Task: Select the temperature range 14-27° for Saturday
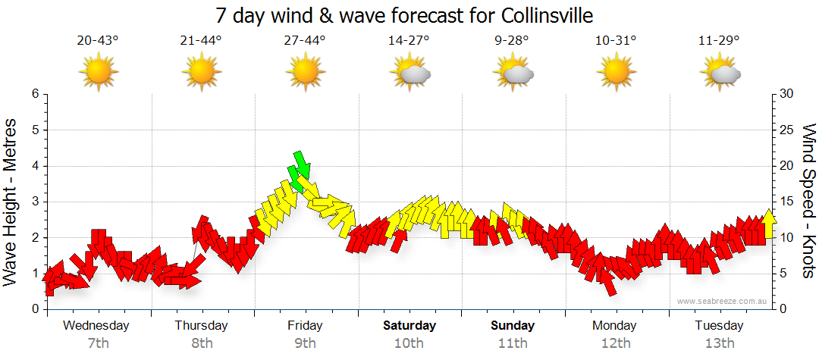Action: [x=409, y=40]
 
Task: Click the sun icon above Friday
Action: [x=305, y=72]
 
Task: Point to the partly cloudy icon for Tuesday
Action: [x=720, y=72]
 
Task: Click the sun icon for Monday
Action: [x=616, y=72]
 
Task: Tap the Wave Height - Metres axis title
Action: [x=11, y=202]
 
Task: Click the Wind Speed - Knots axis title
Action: [x=808, y=202]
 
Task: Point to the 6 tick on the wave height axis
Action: [x=34, y=94]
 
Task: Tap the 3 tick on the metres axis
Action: [x=34, y=202]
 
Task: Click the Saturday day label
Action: [x=409, y=326]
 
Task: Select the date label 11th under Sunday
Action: [x=513, y=343]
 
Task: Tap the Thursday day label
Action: [x=201, y=326]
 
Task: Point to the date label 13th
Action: [x=720, y=343]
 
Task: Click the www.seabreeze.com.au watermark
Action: [x=723, y=301]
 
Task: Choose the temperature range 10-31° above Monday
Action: [x=616, y=40]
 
